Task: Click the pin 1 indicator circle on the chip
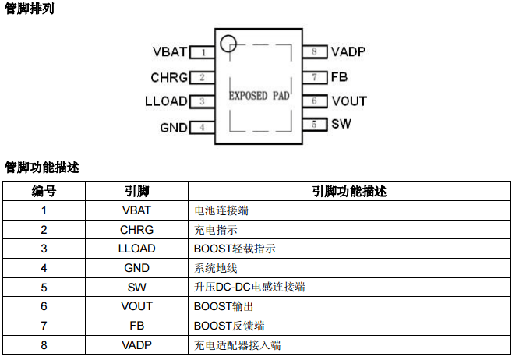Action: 228,44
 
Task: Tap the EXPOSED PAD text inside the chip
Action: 259,97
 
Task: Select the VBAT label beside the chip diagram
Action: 170,52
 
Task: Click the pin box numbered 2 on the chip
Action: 202,77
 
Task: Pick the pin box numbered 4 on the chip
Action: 202,127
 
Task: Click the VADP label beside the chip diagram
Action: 348,52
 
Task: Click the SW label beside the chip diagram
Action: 341,124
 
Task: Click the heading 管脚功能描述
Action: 42,167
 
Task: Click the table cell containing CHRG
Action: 136,230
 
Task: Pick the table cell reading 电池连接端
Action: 221,210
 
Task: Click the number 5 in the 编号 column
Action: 44,288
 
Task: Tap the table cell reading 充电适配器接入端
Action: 237,345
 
